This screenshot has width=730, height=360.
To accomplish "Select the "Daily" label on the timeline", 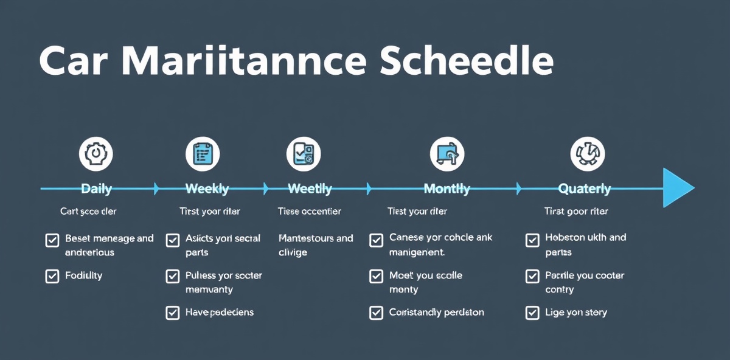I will pos(96,189).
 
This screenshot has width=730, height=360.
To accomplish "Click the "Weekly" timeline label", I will pos(207,189).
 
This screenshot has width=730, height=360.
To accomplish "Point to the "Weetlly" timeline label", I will pos(310,189).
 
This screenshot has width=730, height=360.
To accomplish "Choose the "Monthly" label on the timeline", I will pos(447,189).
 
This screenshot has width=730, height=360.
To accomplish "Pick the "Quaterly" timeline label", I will pos(585,189).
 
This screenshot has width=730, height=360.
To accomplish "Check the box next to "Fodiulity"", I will pos(52,276).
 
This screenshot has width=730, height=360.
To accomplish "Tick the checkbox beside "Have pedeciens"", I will pos(172,313).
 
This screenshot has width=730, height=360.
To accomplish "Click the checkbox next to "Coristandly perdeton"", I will pos(376,313).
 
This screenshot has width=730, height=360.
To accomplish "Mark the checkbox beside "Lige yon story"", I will pos(532,313).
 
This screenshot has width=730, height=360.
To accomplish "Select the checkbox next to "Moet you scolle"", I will pos(376,277).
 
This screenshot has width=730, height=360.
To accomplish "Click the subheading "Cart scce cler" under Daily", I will pos(88,212).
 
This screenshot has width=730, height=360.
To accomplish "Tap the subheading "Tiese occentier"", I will pos(309,212).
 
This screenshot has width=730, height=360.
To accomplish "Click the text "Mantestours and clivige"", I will pos(315,245).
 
